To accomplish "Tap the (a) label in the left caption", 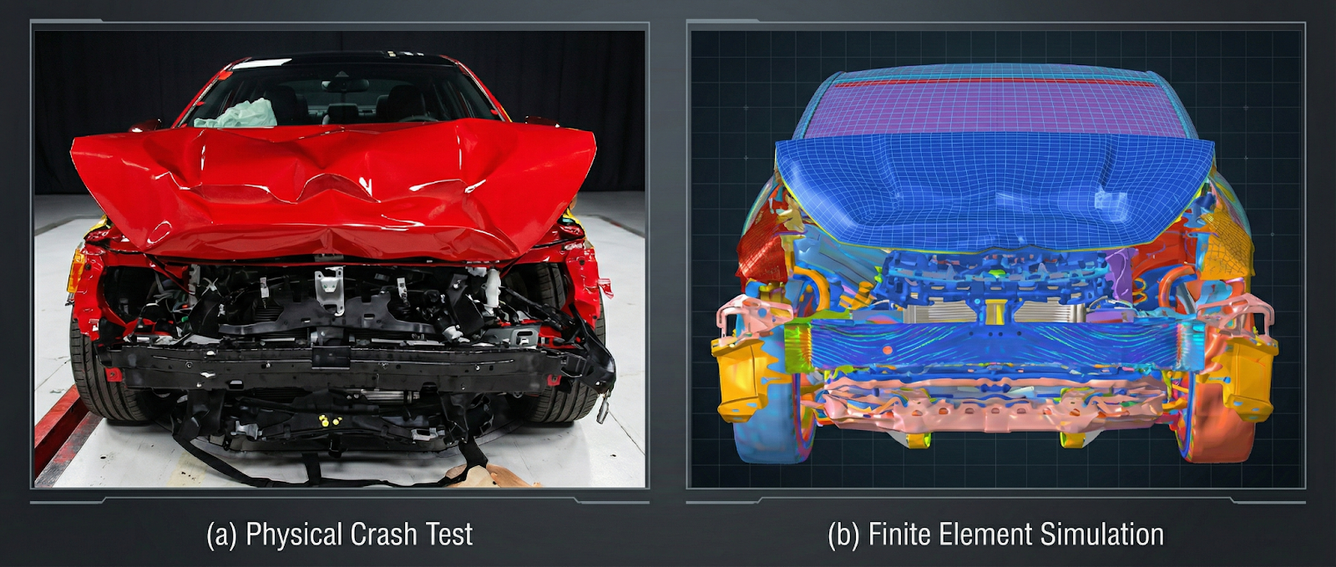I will click(221, 534).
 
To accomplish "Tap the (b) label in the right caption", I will click(843, 534).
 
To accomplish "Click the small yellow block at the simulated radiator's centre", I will click(994, 311).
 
